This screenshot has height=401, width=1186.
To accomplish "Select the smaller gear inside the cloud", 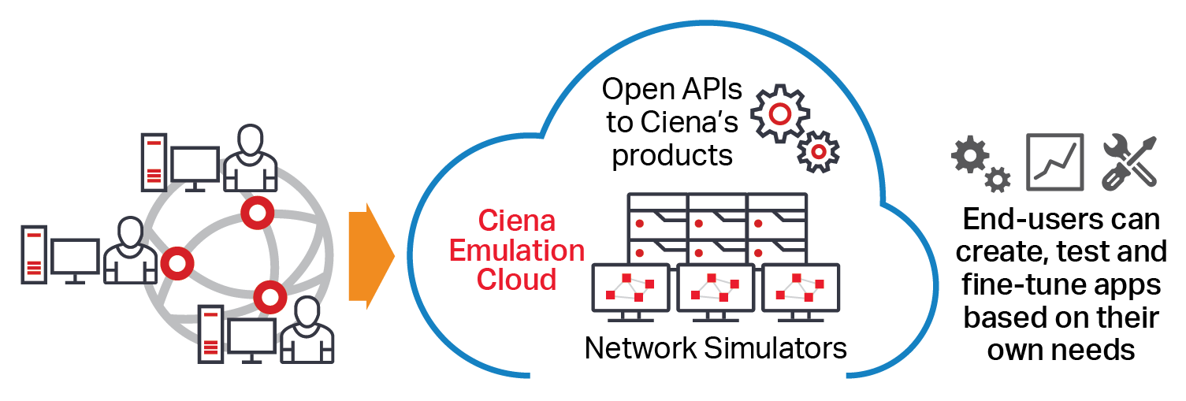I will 819,150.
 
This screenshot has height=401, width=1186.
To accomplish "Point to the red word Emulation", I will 530,251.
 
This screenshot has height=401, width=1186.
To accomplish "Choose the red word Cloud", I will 516,280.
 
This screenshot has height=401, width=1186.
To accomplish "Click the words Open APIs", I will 671,90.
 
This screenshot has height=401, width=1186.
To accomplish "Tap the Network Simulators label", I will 716,347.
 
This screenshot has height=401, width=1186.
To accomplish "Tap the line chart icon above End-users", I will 1054,162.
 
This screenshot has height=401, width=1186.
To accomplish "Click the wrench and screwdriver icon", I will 1128,162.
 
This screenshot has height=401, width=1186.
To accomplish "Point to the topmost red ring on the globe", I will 256,212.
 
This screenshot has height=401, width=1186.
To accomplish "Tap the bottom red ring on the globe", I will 270,298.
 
